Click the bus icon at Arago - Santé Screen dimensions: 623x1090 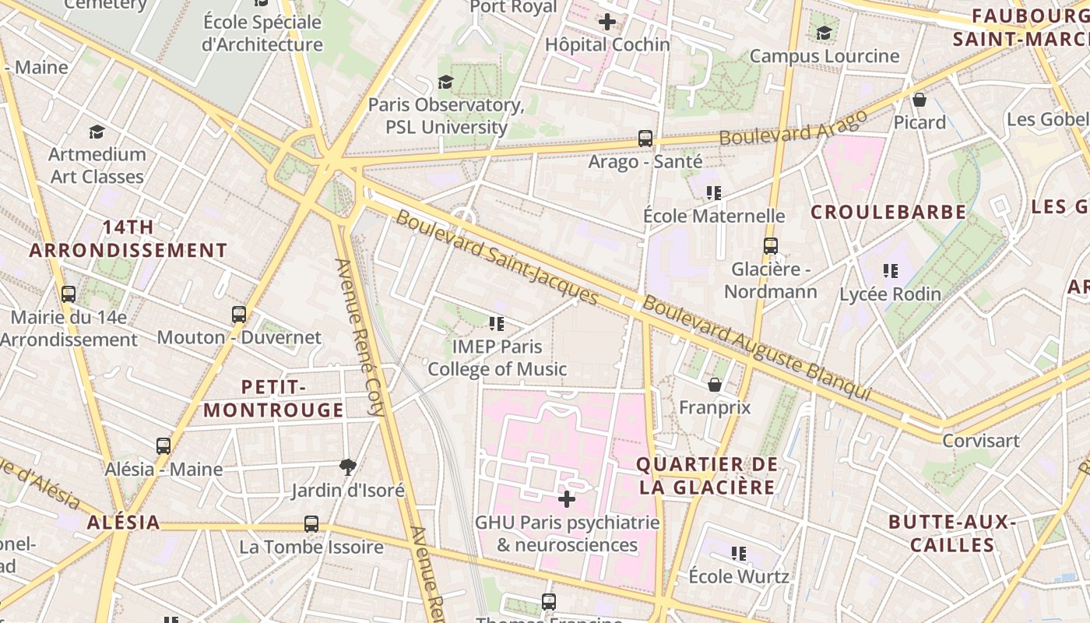[x=645, y=139]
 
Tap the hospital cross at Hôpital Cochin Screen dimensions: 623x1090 [x=607, y=22]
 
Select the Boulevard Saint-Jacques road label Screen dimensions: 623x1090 [x=497, y=258]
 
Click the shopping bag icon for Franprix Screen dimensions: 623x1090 [x=714, y=385]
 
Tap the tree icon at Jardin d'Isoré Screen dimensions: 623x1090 [x=348, y=467]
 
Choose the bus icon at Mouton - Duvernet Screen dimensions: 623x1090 [x=239, y=315]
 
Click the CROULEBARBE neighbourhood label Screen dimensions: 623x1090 [x=888, y=212]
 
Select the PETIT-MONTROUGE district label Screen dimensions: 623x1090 [x=273, y=399]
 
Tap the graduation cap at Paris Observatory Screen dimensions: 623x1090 [x=445, y=82]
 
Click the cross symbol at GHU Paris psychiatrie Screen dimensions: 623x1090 [x=567, y=498]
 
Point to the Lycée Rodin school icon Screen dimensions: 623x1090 [x=890, y=271]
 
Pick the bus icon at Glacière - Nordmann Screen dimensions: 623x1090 [x=771, y=246]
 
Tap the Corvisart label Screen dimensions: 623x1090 [x=980, y=441]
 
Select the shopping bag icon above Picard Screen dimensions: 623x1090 [x=919, y=100]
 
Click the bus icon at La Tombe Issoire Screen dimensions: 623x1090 [x=311, y=524]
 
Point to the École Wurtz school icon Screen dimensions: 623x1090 [x=738, y=554]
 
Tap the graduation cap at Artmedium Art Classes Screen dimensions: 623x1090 [x=97, y=132]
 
